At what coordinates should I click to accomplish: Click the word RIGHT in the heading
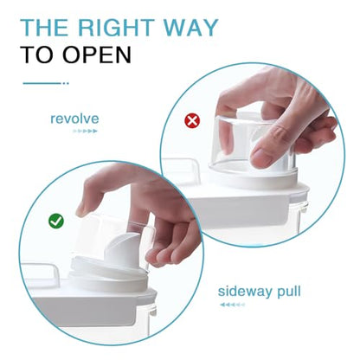116,28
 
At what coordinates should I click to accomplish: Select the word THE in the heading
45,28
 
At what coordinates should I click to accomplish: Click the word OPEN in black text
97,55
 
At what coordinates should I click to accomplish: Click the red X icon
192,120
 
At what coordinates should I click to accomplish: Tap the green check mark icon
56,222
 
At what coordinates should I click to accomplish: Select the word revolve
74,119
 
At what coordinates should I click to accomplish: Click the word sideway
245,292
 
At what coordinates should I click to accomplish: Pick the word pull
289,292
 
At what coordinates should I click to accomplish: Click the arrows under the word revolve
85,131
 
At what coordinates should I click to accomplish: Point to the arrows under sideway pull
232,305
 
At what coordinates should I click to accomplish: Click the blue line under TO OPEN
46,83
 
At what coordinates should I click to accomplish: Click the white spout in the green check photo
125,251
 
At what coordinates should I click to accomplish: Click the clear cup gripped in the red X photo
248,145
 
